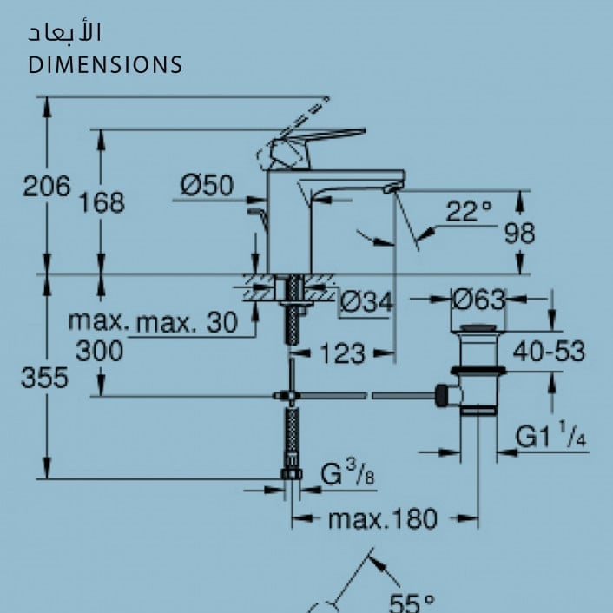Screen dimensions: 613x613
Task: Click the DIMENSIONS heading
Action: click(105, 64)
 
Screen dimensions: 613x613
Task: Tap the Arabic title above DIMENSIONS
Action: click(64, 32)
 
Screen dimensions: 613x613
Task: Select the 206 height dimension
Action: click(47, 186)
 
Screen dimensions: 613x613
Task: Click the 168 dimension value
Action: click(102, 202)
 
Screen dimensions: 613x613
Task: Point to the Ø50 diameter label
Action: click(207, 185)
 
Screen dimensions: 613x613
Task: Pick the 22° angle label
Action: click(469, 211)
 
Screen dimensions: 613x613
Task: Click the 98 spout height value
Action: click(519, 233)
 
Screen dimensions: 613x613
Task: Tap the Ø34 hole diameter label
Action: click(366, 302)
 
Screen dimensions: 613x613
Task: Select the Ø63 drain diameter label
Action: click(479, 300)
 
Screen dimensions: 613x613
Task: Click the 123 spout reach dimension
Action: click(342, 353)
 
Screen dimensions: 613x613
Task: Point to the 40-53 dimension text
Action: click(549, 351)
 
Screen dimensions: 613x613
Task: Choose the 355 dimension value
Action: click(44, 378)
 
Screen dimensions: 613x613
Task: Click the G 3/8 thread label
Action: click(347, 472)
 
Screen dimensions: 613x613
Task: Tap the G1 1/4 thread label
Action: click(550, 434)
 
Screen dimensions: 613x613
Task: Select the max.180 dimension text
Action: click(383, 518)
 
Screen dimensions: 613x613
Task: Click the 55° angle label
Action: click(412, 603)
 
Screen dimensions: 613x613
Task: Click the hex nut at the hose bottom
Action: click(292, 474)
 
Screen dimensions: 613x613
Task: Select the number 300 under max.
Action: click(99, 351)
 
